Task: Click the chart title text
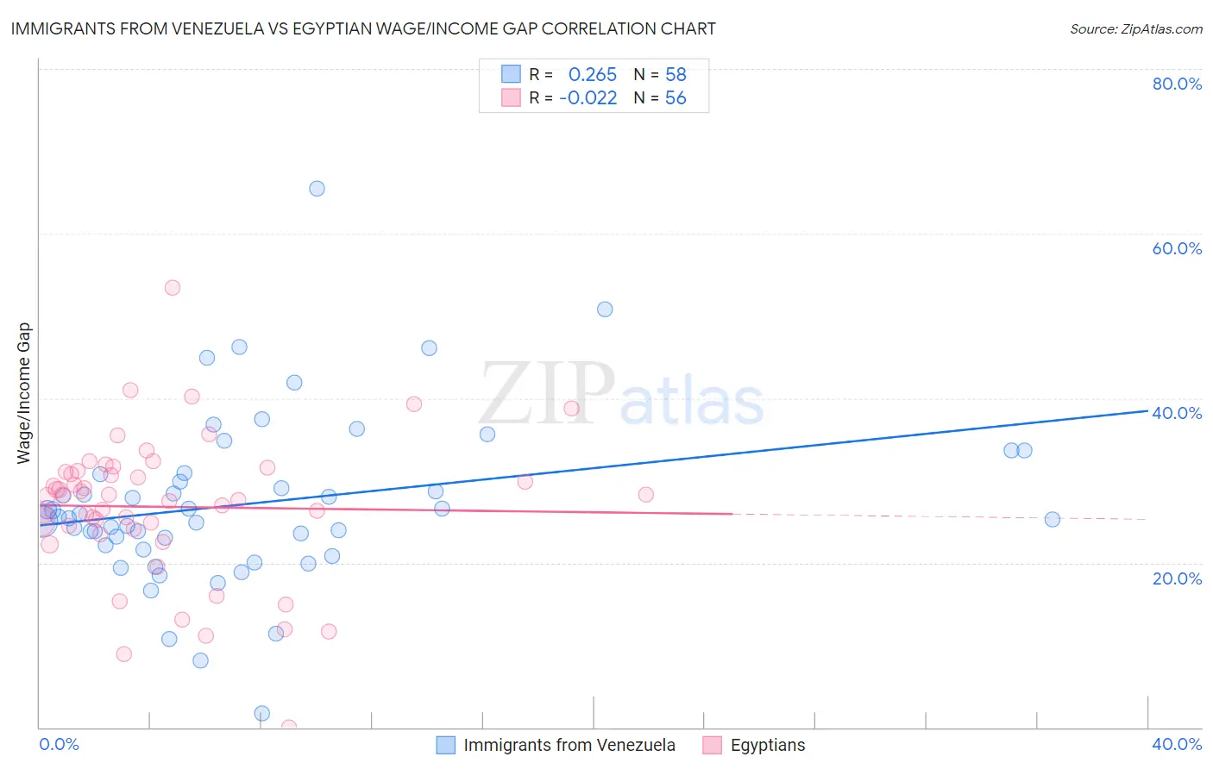coord(363,28)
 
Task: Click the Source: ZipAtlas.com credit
coord(1135,28)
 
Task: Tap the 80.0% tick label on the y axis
coord(1177,84)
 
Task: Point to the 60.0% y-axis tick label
coord(1177,248)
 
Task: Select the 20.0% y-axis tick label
coord(1177,578)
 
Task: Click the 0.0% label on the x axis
coord(59,744)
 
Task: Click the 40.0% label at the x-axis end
coord(1177,744)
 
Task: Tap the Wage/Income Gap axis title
coord(24,393)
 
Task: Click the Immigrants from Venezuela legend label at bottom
coord(569,745)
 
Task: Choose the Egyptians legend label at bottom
coord(768,745)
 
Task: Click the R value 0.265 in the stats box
coord(593,74)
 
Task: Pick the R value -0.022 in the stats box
coord(588,97)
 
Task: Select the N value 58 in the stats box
coord(676,74)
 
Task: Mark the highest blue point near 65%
coord(317,188)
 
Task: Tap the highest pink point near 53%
coord(173,287)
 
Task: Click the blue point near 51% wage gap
coord(605,309)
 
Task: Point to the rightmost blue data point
coord(1052,519)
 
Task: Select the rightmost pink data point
coord(645,494)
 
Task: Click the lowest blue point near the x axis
coord(262,713)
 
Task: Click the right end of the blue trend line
coord(1147,410)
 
